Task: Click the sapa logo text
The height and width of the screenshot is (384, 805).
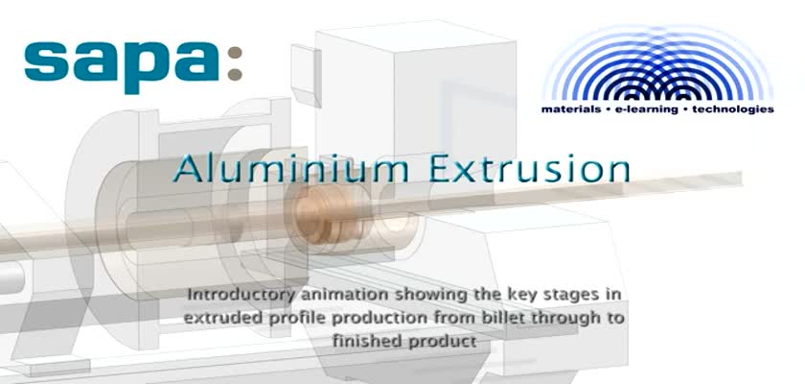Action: tap(123, 65)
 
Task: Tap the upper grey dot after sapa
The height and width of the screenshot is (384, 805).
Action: tap(235, 53)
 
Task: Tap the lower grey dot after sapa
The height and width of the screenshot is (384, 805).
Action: tap(235, 74)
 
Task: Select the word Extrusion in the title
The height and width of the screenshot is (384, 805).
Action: tap(529, 170)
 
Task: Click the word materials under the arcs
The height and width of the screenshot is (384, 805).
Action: tap(571, 109)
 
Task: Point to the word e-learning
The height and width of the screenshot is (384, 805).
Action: tap(646, 109)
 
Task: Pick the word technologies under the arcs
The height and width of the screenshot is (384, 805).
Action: tap(732, 109)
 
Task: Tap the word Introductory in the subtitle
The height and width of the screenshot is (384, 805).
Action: tap(241, 295)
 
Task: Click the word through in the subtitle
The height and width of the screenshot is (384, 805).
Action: tap(563, 318)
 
